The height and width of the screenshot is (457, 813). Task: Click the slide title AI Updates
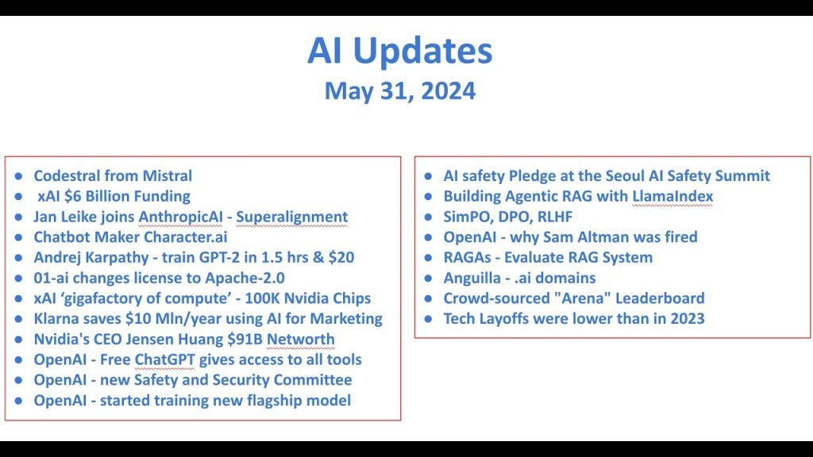tap(400, 51)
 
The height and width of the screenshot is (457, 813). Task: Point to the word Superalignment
tap(292, 217)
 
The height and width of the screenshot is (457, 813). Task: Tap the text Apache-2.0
tap(245, 278)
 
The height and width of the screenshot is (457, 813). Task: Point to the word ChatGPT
tap(164, 359)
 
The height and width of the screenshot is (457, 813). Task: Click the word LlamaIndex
tap(672, 196)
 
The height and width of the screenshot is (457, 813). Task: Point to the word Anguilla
tap(472, 278)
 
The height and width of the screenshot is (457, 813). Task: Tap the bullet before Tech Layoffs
tap(428, 319)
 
